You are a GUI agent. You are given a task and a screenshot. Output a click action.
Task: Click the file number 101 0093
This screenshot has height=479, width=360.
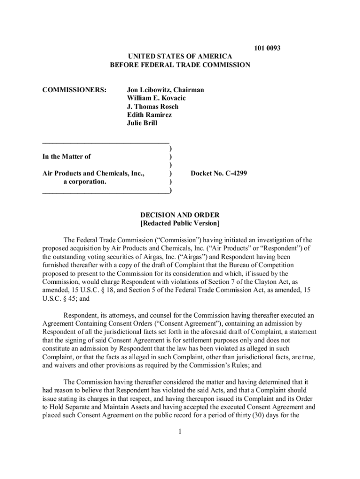267,48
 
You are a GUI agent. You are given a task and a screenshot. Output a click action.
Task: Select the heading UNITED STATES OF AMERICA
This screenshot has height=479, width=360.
180,57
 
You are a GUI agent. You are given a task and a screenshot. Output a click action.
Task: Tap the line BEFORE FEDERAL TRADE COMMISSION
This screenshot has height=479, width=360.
180,65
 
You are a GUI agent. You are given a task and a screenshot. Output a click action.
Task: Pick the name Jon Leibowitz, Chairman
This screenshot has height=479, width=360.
166,90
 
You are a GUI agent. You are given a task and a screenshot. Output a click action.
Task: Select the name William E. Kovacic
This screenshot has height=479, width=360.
156,98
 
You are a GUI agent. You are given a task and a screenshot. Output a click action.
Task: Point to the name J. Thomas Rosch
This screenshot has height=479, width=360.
152,107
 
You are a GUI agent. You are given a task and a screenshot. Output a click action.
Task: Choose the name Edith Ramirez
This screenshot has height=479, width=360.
149,115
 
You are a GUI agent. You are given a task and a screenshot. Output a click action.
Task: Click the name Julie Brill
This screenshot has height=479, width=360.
142,123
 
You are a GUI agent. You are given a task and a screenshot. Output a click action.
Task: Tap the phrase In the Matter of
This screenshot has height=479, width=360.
66,157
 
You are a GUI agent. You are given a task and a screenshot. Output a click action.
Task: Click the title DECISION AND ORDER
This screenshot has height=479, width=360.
180,215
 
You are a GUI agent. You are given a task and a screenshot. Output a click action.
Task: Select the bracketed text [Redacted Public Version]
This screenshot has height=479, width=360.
180,224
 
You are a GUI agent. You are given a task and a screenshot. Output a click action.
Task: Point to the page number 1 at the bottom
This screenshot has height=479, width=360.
180,430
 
